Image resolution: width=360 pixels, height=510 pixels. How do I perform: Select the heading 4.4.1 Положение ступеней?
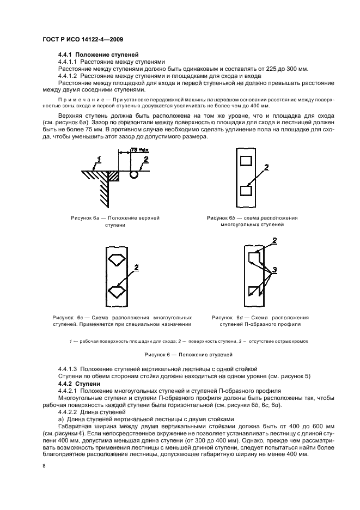[x=98, y=55]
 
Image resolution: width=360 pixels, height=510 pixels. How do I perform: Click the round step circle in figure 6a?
[x=133, y=175]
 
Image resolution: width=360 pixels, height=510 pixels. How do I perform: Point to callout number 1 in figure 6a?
[x=99, y=160]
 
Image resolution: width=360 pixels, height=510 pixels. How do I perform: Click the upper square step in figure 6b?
[x=246, y=161]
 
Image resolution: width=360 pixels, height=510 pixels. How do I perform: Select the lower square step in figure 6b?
[x=246, y=191]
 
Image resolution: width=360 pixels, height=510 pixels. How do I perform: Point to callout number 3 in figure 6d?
[x=275, y=270]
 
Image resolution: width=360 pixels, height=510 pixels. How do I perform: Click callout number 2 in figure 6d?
[x=274, y=240]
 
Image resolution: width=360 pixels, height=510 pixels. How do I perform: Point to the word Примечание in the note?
[x=80, y=101]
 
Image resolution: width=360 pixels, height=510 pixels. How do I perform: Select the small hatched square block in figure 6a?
[x=113, y=176]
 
